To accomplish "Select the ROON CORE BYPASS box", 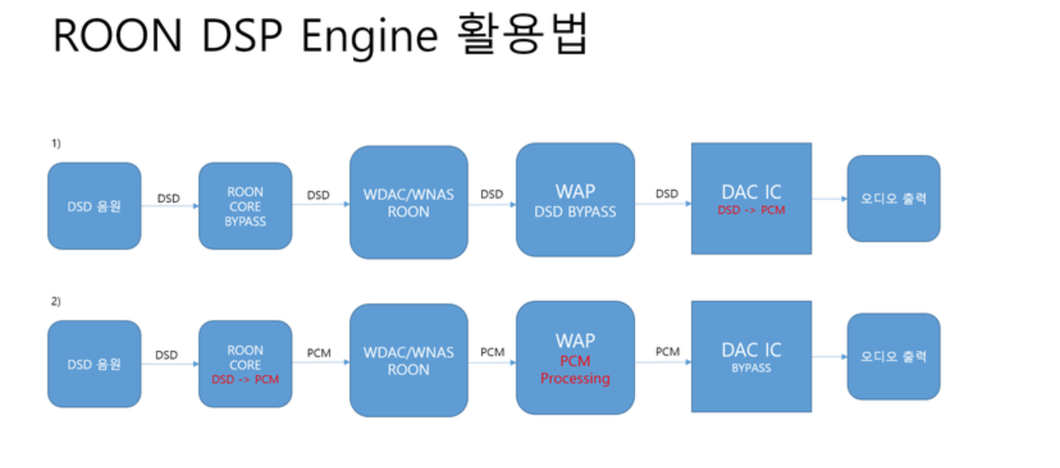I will pyautogui.click(x=245, y=206).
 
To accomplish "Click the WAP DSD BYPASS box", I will pyautogui.click(x=575, y=199).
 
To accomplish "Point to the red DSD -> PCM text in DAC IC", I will pyautogui.click(x=751, y=210).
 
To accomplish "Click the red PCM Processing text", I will pyautogui.click(x=575, y=370).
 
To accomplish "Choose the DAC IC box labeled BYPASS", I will pyautogui.click(x=751, y=357).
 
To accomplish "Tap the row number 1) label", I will pyautogui.click(x=55, y=144).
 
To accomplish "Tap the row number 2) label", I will pyautogui.click(x=55, y=302).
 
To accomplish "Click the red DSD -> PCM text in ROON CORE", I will pyautogui.click(x=245, y=379).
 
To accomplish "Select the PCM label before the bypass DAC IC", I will pyautogui.click(x=667, y=351).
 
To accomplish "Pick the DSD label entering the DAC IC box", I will pyautogui.click(x=667, y=194).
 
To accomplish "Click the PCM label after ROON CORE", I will pyautogui.click(x=318, y=352).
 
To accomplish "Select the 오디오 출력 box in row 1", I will pyautogui.click(x=894, y=199).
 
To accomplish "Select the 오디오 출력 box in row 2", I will pyautogui.click(x=894, y=356).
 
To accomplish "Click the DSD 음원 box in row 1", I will pyautogui.click(x=94, y=206).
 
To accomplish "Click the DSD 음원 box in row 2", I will pyautogui.click(x=94, y=364).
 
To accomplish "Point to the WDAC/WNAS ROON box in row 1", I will pyautogui.click(x=409, y=203).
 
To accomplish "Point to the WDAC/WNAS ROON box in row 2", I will pyautogui.click(x=409, y=361).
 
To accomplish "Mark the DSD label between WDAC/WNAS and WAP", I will pyautogui.click(x=492, y=194).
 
